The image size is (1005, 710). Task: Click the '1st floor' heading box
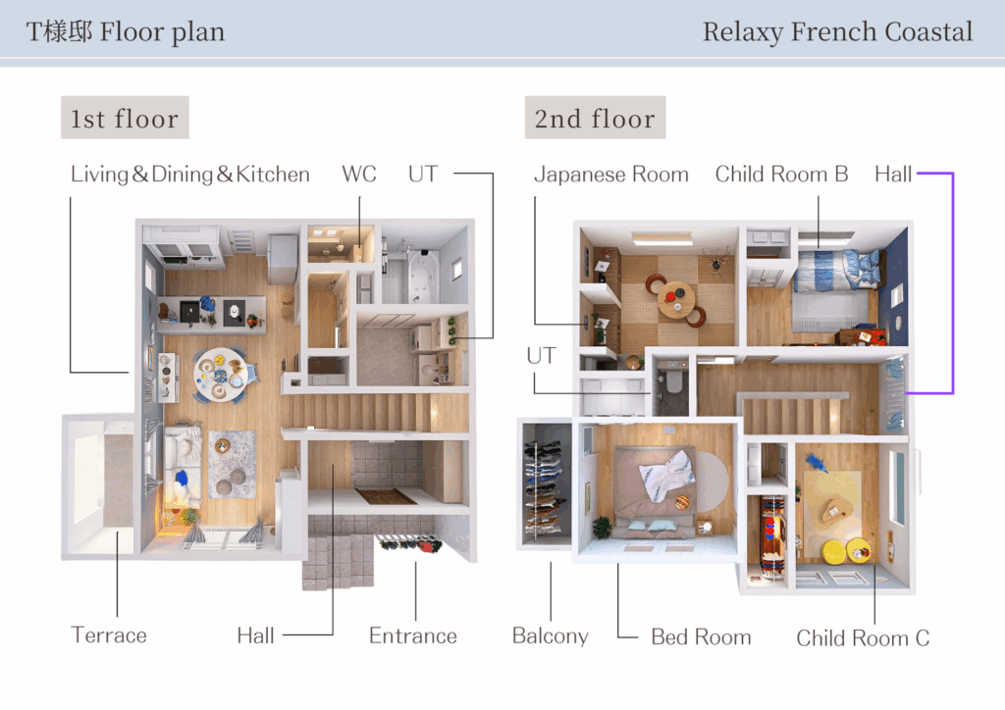125,118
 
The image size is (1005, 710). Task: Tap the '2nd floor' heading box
595,118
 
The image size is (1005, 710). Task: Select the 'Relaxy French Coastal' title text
837,32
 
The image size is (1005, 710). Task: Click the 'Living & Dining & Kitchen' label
189,175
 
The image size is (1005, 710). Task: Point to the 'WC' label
359,175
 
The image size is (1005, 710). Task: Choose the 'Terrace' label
109,635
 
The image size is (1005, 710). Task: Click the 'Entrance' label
413,635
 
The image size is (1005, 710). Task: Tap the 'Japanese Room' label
611,175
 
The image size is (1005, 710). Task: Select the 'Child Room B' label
781,175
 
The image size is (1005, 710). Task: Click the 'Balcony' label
550,636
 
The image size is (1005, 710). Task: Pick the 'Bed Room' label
701,637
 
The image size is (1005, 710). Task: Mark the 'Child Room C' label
863,638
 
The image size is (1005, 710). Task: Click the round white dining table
220,375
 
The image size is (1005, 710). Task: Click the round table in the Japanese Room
675,300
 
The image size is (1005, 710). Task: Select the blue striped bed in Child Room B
833,291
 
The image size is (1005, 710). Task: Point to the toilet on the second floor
673,380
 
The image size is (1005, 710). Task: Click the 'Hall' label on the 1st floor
256,635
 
